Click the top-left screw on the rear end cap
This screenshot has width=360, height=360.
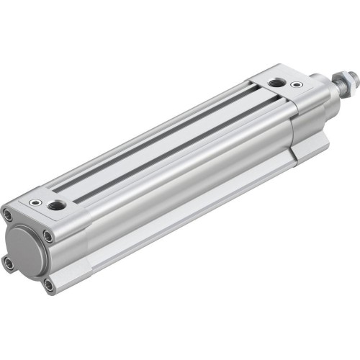coord(7,215)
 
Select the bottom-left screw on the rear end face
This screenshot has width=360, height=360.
coord(9,264)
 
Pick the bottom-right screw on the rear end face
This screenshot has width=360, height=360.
coord(48,286)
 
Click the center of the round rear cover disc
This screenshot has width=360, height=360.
coord(27,250)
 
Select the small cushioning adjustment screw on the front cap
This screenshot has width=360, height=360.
coord(296,84)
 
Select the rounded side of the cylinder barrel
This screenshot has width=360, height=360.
coord(187,180)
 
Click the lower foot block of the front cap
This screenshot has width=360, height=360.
coord(310,148)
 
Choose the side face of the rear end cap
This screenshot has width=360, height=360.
coord(72,245)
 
